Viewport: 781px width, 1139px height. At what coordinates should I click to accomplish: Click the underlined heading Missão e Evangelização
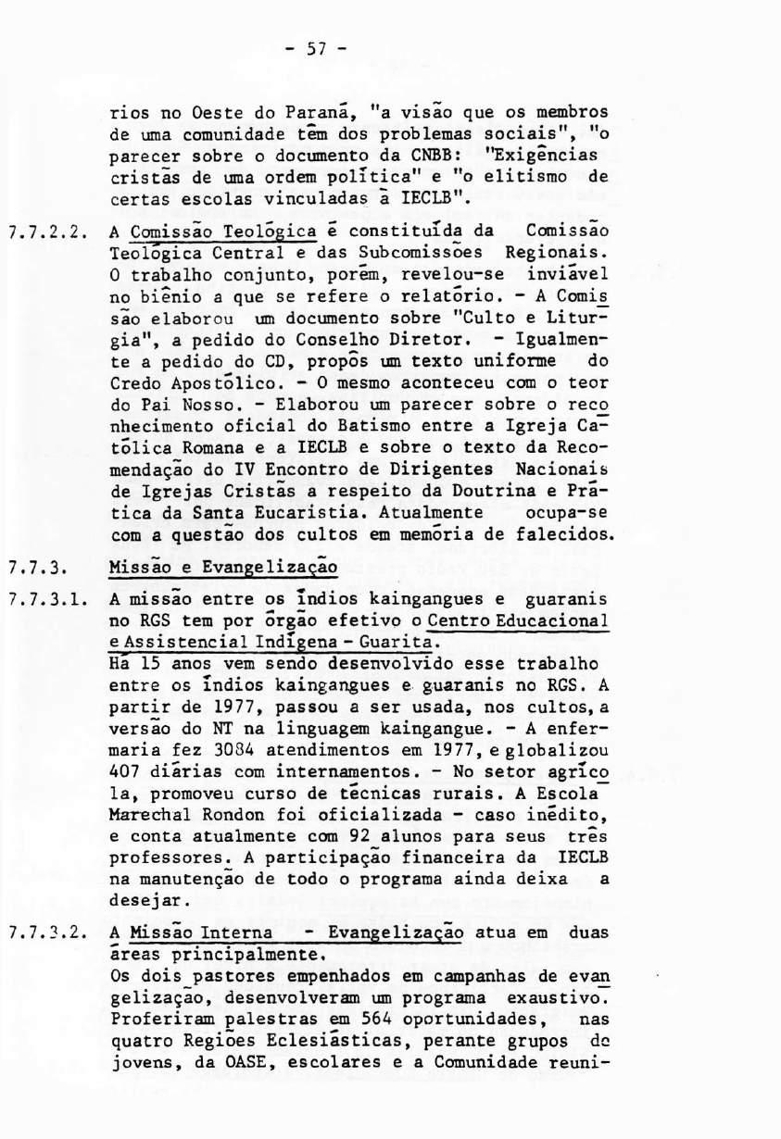click(222, 566)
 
